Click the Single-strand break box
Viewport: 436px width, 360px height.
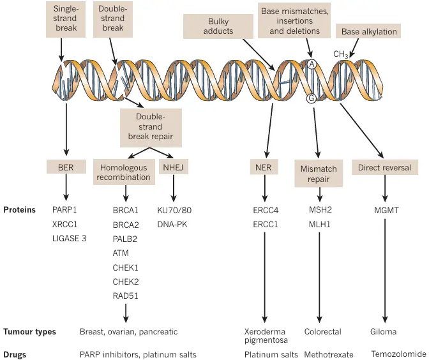(x=66, y=18)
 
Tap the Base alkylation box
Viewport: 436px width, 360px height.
(x=369, y=31)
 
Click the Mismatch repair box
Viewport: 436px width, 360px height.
(x=319, y=174)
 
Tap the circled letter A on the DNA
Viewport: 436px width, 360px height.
(x=312, y=64)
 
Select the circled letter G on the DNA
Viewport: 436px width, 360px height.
(x=312, y=98)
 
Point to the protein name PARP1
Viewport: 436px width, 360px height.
(x=65, y=209)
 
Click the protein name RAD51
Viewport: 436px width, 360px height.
(x=125, y=296)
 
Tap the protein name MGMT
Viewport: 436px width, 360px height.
(x=385, y=209)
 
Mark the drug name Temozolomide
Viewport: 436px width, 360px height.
(x=398, y=354)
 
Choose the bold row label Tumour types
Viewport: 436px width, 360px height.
(x=29, y=332)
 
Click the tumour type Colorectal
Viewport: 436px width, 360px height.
(x=323, y=332)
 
